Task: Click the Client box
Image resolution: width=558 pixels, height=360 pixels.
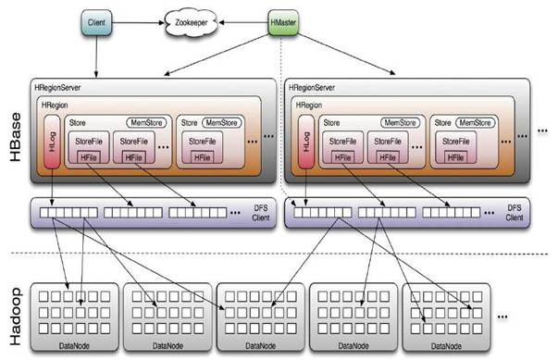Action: [96, 21]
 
